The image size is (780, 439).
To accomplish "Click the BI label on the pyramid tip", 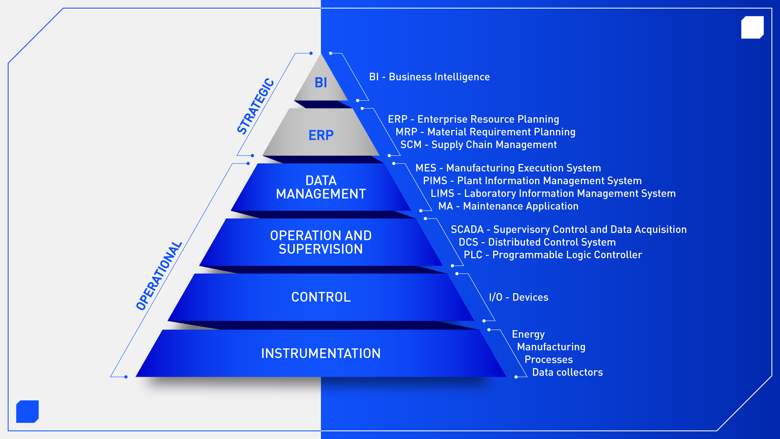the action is coord(321,83).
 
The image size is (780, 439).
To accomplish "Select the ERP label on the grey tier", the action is coord(321,135).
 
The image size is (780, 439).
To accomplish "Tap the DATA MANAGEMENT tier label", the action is coord(321,187).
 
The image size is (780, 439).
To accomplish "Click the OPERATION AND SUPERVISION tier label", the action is coord(321,242).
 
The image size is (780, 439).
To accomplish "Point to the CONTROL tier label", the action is coord(321,297).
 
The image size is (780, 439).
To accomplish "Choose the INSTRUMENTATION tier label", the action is coord(321,354).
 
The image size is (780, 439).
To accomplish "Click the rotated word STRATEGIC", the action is coord(256,106).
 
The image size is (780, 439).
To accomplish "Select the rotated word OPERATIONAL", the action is coord(159,276).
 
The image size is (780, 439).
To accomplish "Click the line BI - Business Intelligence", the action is coord(429,77).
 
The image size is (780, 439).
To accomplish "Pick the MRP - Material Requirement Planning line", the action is coord(485,132).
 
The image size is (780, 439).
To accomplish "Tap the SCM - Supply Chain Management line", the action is coord(479,145).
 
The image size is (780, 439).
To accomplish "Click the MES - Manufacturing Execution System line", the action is coord(508,168).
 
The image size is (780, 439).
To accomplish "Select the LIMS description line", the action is coord(553,193).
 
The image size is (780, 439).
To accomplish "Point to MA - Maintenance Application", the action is coord(509,206).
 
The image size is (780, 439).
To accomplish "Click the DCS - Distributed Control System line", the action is coord(537,242).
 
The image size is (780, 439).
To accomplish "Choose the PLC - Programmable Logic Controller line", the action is coord(553,255).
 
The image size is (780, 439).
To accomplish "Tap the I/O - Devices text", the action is coord(519,297).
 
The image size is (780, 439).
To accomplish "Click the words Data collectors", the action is coord(568,372).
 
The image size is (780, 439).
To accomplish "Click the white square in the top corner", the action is coord(752,28).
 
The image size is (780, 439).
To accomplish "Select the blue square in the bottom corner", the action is coord(28,411).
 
